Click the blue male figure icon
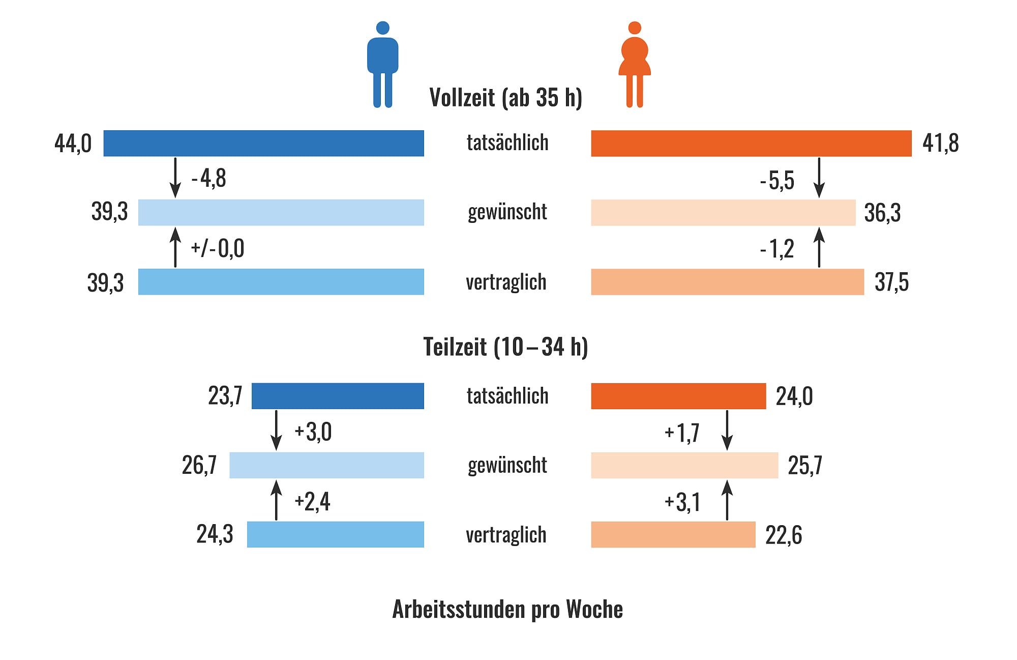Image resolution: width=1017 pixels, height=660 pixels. coord(382,64)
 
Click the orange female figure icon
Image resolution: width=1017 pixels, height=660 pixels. coord(634,64)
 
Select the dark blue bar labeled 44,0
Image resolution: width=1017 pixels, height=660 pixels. coord(263,143)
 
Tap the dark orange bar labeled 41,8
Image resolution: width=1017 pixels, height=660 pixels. coord(751,143)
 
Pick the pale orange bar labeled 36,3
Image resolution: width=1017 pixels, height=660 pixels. coord(723,212)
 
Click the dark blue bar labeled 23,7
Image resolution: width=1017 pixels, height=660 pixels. coord(338,396)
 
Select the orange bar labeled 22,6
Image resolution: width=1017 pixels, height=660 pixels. coord(673,534)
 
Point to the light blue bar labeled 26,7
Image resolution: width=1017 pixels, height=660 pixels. coord(326,465)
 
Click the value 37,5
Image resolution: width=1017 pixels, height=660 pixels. coord(891,282)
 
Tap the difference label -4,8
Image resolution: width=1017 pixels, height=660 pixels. coord(208,178)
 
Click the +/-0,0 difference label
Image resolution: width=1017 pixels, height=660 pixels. coord(217,248)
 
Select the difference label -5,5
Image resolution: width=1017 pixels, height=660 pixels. coord(777,180)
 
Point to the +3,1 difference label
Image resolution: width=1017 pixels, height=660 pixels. coord(682,502)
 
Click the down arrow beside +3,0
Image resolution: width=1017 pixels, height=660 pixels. coord(276,431)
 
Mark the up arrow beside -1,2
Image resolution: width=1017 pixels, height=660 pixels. coord(819,247)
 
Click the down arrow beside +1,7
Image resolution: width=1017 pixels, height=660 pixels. coord(727,431)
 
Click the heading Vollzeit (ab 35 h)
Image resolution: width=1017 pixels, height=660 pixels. coord(505,97)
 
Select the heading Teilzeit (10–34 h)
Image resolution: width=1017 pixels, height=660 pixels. coord(505,347)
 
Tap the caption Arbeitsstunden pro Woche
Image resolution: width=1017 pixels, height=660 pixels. coord(507,609)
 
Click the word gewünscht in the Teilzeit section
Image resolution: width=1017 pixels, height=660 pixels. coord(507,465)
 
